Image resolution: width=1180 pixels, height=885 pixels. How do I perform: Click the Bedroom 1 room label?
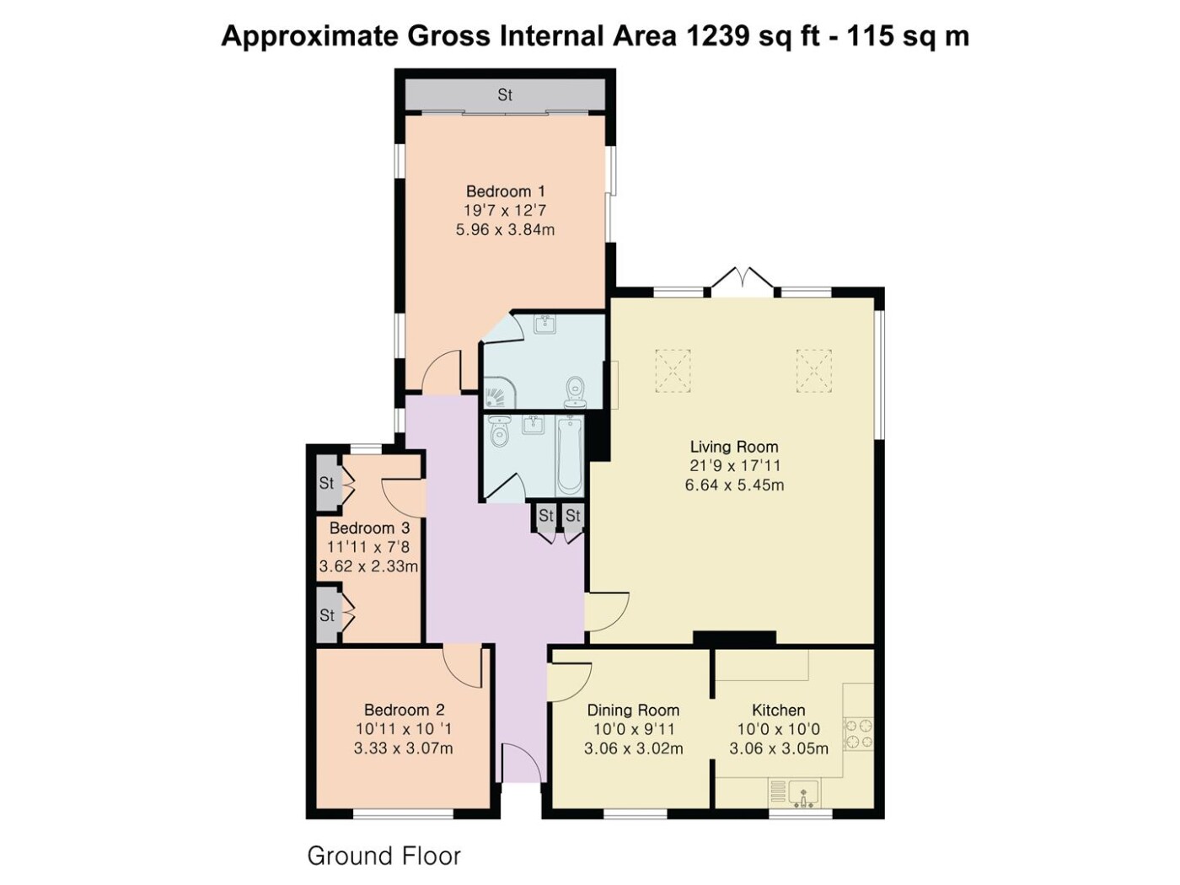(506, 191)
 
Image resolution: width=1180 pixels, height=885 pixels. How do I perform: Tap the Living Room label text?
(734, 447)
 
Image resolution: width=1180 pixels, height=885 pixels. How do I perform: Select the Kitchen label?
(779, 711)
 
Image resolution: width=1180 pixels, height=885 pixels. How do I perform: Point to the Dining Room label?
(633, 711)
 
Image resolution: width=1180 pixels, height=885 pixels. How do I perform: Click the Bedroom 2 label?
(405, 710)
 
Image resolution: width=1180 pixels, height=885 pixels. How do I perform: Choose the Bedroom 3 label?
(369, 528)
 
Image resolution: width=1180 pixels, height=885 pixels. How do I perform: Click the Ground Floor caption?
(383, 856)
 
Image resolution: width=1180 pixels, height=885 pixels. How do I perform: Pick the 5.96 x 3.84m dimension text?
(506, 230)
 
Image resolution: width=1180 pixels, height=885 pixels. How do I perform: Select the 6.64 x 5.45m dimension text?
(734, 485)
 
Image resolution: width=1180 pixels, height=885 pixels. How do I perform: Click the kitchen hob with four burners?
(859, 734)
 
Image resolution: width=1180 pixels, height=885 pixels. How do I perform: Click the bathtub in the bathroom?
(569, 457)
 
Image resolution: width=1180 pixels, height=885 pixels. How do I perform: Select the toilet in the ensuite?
(575, 392)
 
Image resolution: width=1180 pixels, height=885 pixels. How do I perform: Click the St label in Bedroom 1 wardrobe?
(505, 95)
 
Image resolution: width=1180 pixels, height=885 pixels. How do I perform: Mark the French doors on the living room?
(743, 280)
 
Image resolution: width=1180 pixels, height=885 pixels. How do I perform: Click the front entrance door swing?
(520, 763)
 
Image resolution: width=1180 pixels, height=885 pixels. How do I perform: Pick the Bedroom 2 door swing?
(464, 667)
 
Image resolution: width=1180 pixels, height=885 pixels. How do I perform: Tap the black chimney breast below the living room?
(734, 638)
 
